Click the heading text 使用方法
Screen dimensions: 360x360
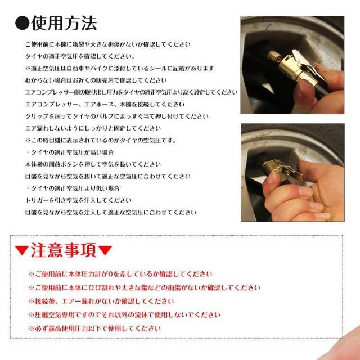coord(64,23)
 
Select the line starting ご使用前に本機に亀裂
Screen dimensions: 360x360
coord(107,44)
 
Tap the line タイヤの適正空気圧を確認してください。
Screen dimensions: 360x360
coord(79,56)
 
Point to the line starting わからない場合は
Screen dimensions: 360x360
coord(96,80)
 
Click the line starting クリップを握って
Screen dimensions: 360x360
coord(116,116)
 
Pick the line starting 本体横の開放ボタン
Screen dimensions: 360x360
coord(93,164)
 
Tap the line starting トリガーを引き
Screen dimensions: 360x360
coord(78,200)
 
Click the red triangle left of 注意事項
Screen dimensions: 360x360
coord(21,251)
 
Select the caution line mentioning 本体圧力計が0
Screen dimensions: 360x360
coord(120,274)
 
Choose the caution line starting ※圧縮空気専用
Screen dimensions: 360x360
coord(116,315)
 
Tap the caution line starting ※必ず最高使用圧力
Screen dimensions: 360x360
coord(94,328)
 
